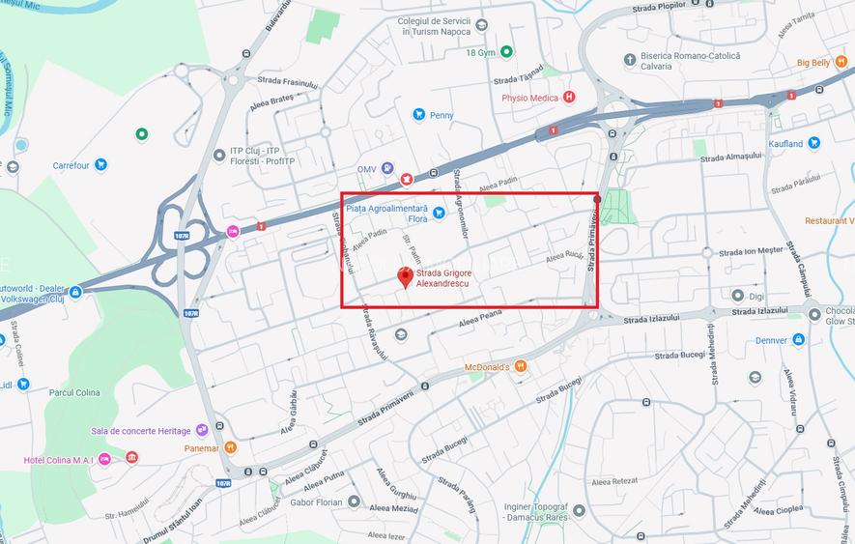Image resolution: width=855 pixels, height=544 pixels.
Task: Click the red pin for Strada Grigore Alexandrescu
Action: (x=406, y=278)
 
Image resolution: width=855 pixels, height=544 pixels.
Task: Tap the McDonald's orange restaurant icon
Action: (x=522, y=366)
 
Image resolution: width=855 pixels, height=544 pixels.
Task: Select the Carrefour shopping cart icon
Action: (x=100, y=165)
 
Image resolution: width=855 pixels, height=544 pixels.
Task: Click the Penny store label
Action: (x=442, y=115)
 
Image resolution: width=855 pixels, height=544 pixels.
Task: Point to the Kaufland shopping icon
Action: (x=813, y=144)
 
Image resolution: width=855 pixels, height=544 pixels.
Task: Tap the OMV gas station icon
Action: (x=387, y=169)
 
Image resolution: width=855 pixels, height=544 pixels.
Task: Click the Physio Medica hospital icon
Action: (x=569, y=98)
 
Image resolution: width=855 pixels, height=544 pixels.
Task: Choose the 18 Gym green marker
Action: (x=506, y=51)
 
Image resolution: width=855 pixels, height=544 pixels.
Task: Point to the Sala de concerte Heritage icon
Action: (x=202, y=430)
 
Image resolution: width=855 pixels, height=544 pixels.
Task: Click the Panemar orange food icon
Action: (x=230, y=448)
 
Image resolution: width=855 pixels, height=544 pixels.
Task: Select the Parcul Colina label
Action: (x=74, y=393)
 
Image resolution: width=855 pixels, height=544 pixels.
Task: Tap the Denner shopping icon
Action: (x=798, y=340)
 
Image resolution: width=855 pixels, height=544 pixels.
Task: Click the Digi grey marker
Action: (x=738, y=296)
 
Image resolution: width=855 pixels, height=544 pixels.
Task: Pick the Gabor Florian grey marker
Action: (x=355, y=502)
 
